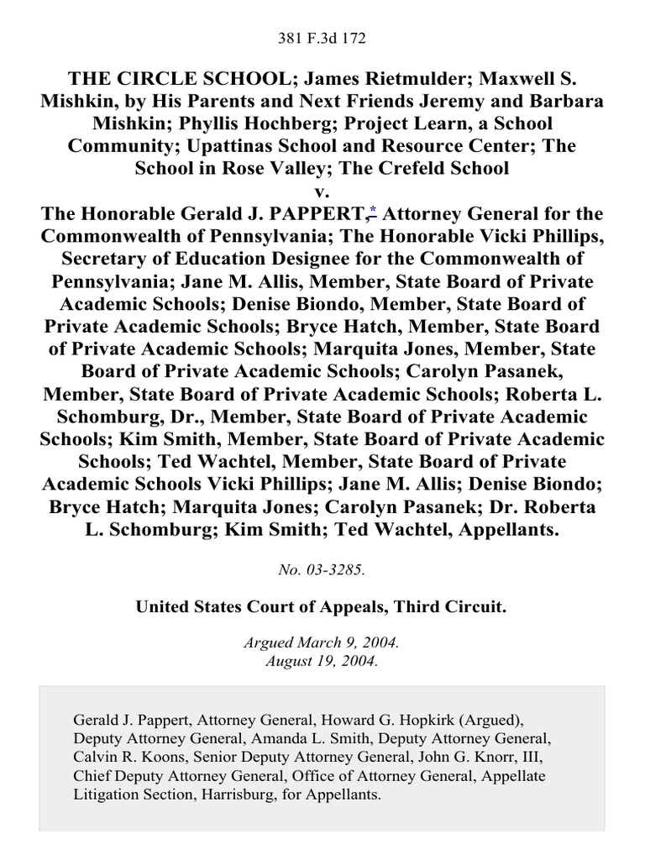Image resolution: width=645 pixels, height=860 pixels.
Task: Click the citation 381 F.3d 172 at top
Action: click(322, 39)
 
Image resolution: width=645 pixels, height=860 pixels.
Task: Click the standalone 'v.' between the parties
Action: click(322, 191)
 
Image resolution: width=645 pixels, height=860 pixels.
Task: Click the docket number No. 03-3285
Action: click(322, 570)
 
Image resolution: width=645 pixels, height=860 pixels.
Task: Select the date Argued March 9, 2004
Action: click(322, 645)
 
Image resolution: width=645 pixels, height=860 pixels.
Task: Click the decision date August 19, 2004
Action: click(322, 661)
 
